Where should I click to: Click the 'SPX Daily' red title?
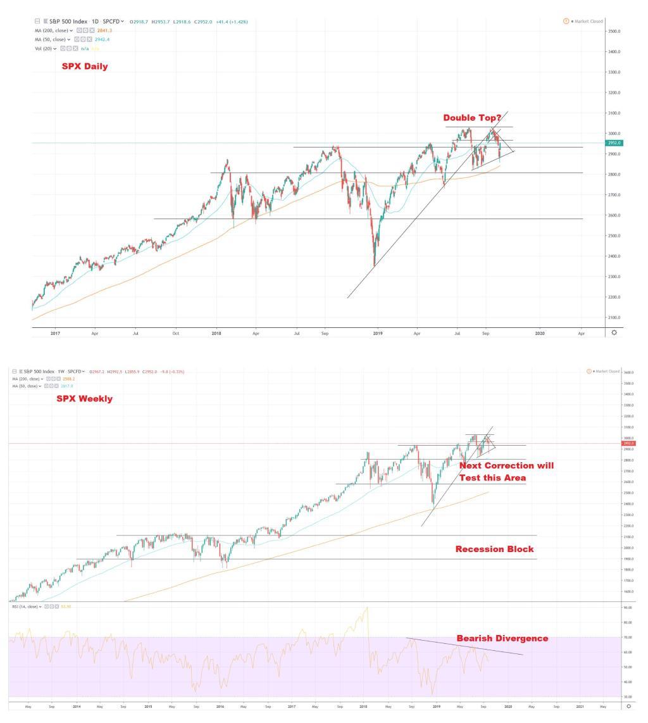pos(85,66)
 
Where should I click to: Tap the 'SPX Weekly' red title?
pos(84,398)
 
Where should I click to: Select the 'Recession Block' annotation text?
pos(494,549)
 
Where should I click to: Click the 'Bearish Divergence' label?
pos(502,638)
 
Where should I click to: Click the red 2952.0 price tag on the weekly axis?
pos(628,443)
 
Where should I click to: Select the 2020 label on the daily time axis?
pos(540,332)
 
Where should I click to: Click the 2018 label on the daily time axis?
pos(216,332)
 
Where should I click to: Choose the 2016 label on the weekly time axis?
pos(220,705)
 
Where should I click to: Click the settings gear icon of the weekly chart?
pos(628,705)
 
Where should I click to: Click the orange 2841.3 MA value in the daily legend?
pos(104,30)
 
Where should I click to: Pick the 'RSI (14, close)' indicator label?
pos(25,607)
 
